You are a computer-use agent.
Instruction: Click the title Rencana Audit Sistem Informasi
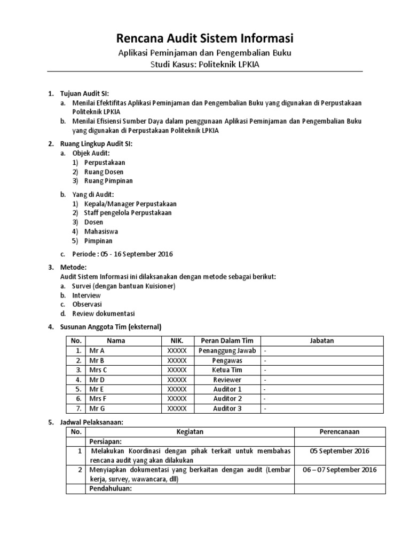(x=205, y=38)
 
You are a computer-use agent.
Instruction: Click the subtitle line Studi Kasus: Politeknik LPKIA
(x=205, y=65)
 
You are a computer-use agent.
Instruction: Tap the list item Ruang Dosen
(x=104, y=172)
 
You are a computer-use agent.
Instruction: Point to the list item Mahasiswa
(x=101, y=231)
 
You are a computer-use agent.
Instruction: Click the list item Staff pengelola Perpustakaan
(x=128, y=212)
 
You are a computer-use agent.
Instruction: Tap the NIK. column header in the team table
(x=177, y=341)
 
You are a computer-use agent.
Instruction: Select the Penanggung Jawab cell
(x=227, y=350)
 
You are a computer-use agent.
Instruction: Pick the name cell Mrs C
(x=98, y=370)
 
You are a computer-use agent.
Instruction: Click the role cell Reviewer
(x=227, y=380)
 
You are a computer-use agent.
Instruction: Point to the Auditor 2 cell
(x=227, y=399)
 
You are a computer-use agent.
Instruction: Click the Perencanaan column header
(x=339, y=431)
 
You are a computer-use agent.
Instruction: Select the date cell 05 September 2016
(x=339, y=451)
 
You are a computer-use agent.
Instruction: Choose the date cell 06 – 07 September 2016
(x=339, y=469)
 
